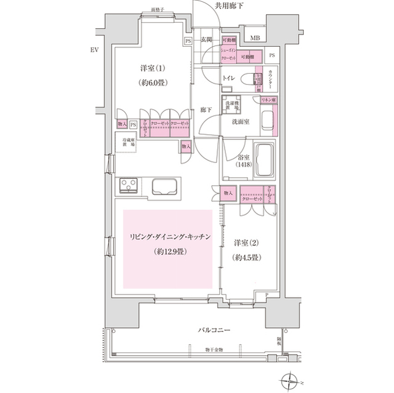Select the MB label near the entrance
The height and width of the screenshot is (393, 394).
click(254, 38)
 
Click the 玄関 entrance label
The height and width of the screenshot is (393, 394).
click(206, 40)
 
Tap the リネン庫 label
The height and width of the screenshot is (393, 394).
click(268, 100)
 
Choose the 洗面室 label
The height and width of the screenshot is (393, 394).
click(240, 122)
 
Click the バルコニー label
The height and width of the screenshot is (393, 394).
click(215, 330)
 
